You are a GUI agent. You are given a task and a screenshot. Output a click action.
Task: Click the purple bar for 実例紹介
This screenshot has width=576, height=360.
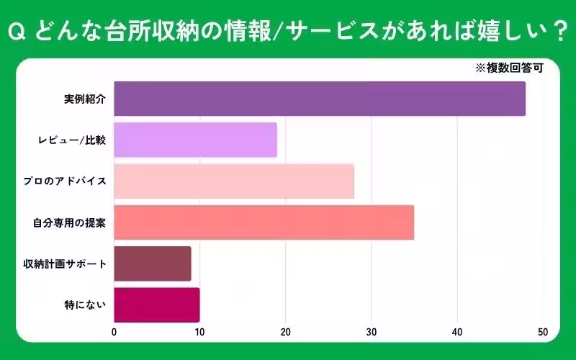320,99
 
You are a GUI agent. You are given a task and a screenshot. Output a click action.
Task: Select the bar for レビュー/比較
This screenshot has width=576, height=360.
195,140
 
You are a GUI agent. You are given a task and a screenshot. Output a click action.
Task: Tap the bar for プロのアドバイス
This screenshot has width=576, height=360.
234,181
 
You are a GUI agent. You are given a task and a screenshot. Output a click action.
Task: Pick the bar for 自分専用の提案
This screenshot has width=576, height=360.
264,222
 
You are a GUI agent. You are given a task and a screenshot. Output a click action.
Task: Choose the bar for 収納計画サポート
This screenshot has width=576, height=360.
153,264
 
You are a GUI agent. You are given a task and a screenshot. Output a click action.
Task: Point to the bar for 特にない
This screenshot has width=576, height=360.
157,305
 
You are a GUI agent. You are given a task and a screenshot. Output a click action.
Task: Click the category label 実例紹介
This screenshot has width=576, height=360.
85,99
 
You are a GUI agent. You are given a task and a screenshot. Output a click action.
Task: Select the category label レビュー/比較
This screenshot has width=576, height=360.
73,140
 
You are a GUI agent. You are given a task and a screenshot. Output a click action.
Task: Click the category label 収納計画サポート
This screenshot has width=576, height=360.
66,264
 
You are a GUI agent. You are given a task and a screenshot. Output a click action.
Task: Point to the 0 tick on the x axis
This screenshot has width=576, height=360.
114,333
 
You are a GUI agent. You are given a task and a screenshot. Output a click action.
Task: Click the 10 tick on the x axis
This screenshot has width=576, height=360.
199,333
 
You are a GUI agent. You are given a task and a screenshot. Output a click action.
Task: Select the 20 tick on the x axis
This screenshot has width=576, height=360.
285,333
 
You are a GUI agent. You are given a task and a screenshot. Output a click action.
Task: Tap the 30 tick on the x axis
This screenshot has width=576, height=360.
371,333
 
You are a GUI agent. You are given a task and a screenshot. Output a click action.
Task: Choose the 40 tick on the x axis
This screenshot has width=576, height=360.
456,333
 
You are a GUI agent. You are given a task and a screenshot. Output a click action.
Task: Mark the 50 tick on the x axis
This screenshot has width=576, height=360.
542,333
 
